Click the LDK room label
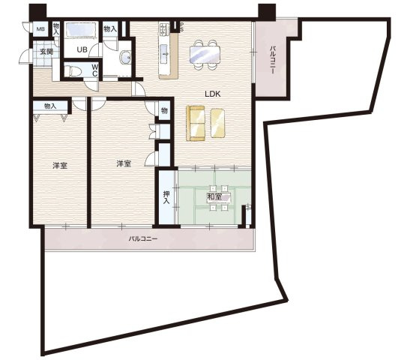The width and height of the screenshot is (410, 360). (213, 94)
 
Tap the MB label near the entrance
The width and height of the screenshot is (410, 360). (40, 28)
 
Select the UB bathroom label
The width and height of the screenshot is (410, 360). (82, 49)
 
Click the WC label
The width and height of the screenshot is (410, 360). (94, 70)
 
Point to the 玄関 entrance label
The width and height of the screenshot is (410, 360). (46, 52)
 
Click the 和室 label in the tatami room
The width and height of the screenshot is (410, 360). (214, 196)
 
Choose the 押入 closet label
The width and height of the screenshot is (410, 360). (166, 197)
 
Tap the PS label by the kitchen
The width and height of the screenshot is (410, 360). (181, 26)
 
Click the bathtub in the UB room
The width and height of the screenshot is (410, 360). (81, 29)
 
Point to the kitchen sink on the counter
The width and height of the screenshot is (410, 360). (164, 54)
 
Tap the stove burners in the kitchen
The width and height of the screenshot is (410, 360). (163, 29)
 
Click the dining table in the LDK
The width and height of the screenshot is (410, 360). (205, 55)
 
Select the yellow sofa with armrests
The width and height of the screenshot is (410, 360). (196, 123)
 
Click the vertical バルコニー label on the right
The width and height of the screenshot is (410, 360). (273, 60)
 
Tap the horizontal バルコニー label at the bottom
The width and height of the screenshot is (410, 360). (143, 238)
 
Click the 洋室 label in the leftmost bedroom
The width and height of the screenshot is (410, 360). (60, 166)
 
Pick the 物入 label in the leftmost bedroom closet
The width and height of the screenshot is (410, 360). (50, 106)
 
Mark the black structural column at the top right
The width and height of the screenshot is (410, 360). (267, 12)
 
